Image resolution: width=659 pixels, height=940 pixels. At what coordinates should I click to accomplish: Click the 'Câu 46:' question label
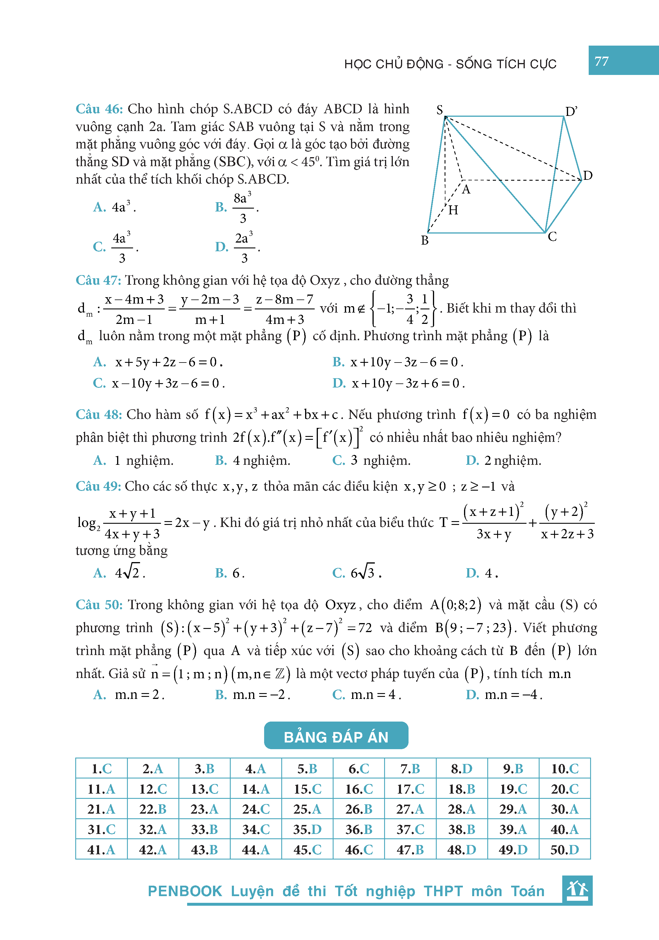click(x=99, y=109)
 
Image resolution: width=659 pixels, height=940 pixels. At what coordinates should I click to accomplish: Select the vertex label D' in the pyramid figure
click(x=571, y=111)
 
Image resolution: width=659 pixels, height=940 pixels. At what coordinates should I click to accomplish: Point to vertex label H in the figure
click(x=453, y=210)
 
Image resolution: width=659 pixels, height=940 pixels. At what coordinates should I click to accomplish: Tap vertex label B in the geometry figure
click(x=425, y=240)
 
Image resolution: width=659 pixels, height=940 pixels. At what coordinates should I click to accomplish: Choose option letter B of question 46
click(x=221, y=207)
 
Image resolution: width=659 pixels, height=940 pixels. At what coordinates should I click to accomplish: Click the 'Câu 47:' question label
click(x=98, y=280)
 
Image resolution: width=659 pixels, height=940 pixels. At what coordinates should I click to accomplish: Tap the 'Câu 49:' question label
click(x=98, y=486)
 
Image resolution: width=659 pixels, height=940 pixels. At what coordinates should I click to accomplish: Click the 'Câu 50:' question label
click(x=99, y=605)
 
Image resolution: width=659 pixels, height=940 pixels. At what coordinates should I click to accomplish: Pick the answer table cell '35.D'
click(x=307, y=829)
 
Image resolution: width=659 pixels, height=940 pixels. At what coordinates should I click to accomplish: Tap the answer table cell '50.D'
click(x=564, y=850)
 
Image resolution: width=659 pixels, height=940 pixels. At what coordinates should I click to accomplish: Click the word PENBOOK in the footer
click(x=185, y=891)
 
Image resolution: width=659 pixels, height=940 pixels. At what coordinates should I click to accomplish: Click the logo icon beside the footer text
click(x=577, y=889)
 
